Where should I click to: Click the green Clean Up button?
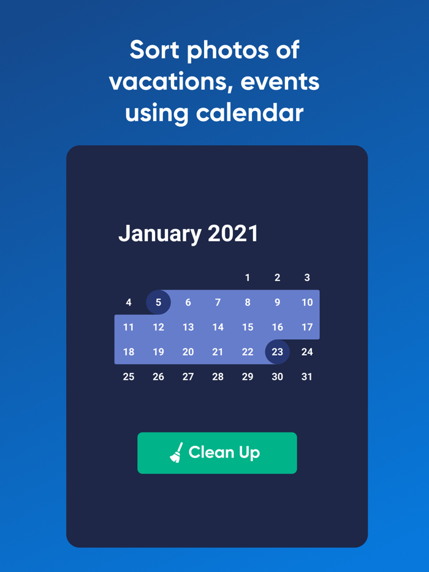217,453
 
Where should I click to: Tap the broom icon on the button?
177,453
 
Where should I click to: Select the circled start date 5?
158,302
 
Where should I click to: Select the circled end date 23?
277,352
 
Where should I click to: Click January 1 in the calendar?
248,277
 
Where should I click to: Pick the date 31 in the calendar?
306,377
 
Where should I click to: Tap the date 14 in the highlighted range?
218,327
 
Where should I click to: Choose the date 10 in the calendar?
307,302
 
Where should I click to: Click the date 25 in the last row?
129,377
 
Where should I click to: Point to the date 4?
129,302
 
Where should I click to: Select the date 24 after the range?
307,352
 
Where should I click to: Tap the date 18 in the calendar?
129,352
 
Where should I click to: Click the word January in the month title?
160,234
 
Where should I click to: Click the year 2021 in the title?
233,233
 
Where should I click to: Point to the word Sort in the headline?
154,50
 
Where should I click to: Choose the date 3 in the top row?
307,277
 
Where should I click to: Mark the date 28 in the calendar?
218,377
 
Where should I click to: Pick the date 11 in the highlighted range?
129,327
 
